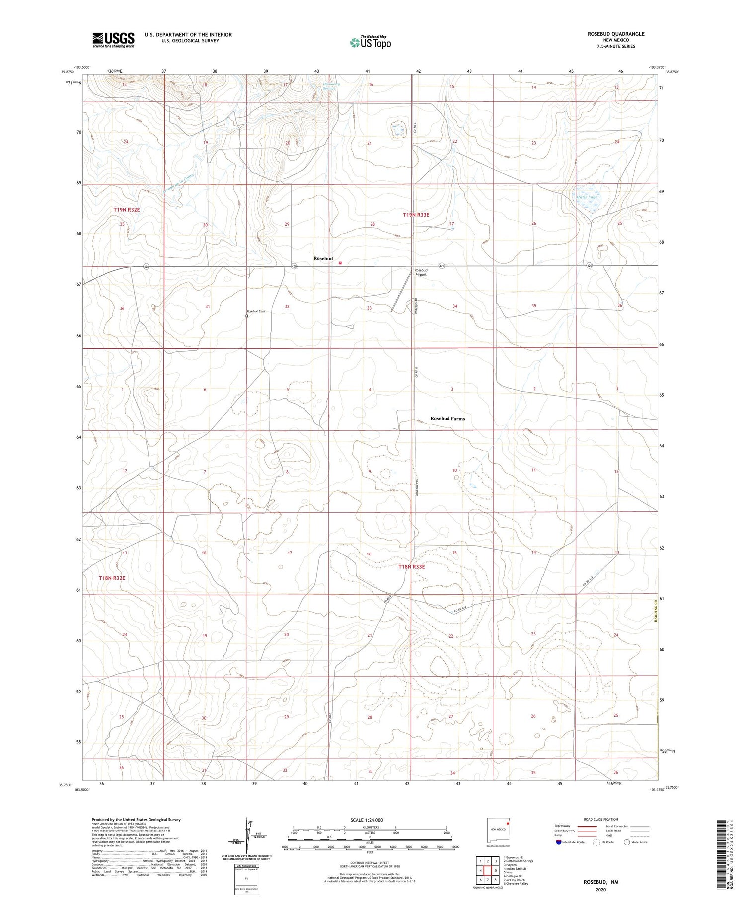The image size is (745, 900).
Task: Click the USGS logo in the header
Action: [x=113, y=40]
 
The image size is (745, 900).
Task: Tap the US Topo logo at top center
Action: [x=370, y=43]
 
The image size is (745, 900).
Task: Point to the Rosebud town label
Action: [x=323, y=259]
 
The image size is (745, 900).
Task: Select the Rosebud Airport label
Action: [x=421, y=272]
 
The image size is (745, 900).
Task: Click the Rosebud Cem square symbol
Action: [x=246, y=315]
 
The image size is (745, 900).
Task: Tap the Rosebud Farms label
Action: [x=447, y=418]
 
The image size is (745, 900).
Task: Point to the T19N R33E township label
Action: [x=416, y=215]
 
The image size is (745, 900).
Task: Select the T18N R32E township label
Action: [x=112, y=578]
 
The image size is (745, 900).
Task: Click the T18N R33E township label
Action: [x=412, y=567]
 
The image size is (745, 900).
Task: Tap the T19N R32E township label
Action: [x=126, y=210]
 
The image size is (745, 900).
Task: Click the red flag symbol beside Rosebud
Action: [x=340, y=263]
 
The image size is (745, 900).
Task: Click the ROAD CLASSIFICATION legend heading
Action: [x=601, y=819]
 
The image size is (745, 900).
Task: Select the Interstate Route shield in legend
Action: [x=559, y=842]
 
